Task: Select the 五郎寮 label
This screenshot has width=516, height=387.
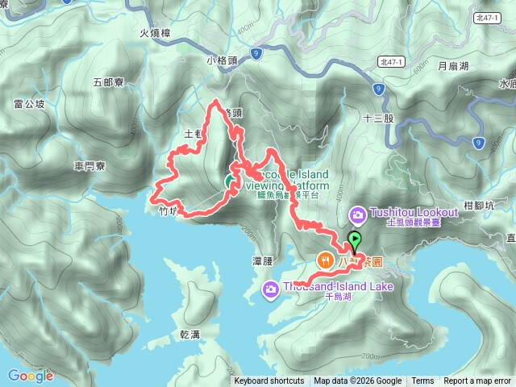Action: [107, 82]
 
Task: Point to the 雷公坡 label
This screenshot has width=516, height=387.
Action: [29, 104]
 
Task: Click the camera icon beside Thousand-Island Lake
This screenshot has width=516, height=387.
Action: [272, 288]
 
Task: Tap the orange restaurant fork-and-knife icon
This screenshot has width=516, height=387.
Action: [326, 260]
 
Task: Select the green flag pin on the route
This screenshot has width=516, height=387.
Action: [354, 239]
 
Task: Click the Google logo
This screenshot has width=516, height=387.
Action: [30, 376]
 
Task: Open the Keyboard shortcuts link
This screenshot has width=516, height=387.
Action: [269, 381]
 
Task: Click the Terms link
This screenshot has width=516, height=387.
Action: [422, 381]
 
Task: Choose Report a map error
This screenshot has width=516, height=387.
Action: [477, 381]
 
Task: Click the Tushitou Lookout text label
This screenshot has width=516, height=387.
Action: [414, 212]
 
